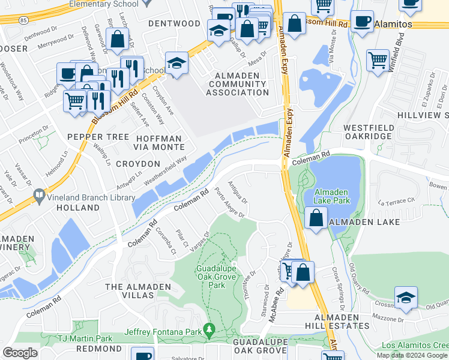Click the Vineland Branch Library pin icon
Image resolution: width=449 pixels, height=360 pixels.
point(40,194)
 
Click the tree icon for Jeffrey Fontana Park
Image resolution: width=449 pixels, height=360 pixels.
point(209,329)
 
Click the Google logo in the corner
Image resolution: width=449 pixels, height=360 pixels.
point(20,353)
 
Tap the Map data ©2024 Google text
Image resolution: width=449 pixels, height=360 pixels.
point(412,355)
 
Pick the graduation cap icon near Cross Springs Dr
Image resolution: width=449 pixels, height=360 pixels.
point(406,297)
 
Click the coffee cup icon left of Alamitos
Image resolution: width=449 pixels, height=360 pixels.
point(361,20)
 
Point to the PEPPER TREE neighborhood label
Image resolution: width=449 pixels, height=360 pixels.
point(98,137)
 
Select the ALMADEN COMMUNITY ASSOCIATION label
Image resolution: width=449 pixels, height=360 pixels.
point(238,83)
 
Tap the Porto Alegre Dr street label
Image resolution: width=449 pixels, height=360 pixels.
point(226,206)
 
